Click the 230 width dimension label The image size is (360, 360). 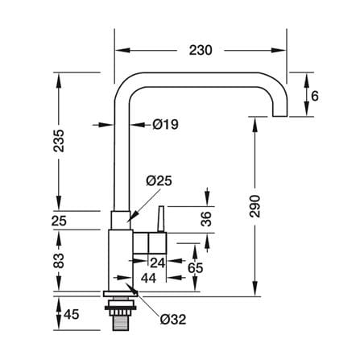pos(201,50)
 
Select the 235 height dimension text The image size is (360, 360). pos(59,141)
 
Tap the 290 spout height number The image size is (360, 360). pos(254,206)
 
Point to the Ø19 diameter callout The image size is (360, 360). pos(165,125)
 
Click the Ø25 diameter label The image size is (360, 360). pos(159,181)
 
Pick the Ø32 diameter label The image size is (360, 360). pos(173,320)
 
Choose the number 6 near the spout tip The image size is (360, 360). pos(315,96)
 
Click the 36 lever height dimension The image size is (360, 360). pos(206,219)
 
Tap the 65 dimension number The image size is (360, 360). pos(195,267)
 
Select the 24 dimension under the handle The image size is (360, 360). pos(157,263)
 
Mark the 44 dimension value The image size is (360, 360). pos(148,278)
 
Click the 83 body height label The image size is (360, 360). pos(59,261)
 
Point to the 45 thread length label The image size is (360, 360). pos(72,314)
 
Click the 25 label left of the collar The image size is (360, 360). pos(59,221)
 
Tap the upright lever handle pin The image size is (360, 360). pos(161,219)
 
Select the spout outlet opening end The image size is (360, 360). pos(279,116)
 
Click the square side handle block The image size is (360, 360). pos(157,243)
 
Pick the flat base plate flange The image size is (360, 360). pos(121,294)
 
